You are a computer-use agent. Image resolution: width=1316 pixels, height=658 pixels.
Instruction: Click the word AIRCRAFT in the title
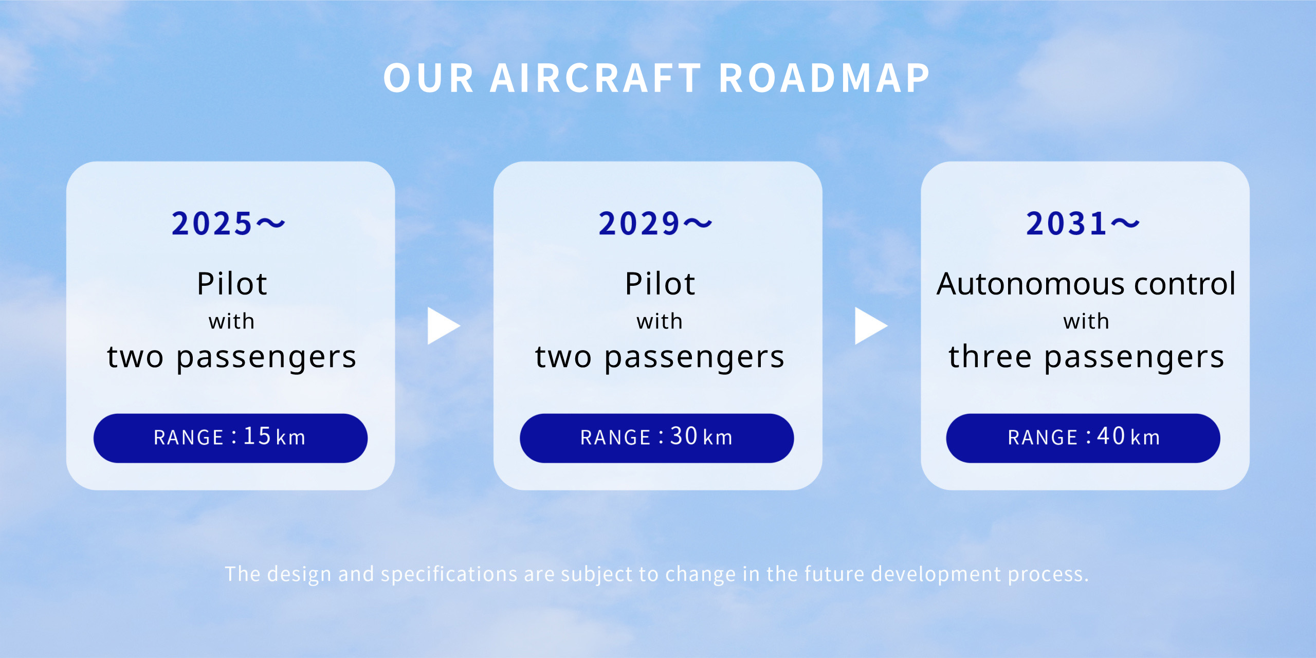(596, 78)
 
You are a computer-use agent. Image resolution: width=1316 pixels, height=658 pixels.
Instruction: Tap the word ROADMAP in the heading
(825, 78)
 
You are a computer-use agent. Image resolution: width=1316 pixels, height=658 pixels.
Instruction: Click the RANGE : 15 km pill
(230, 438)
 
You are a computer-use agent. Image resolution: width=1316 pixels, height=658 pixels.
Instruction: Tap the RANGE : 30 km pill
(657, 438)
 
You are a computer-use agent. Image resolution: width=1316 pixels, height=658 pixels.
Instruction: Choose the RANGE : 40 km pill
(1083, 438)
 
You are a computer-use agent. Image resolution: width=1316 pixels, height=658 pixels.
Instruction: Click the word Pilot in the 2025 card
(232, 284)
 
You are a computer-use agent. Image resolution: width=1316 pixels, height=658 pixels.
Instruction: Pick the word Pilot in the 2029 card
(660, 284)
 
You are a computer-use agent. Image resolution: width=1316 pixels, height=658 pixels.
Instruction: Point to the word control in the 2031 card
(1184, 284)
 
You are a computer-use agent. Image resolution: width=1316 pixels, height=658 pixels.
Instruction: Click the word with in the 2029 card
(660, 322)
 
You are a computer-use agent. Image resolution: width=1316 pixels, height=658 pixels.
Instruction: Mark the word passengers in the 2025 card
(266, 358)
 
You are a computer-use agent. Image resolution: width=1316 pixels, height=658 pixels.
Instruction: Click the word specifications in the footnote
(449, 574)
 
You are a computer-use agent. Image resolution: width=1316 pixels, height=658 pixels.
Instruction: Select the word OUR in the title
(428, 78)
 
